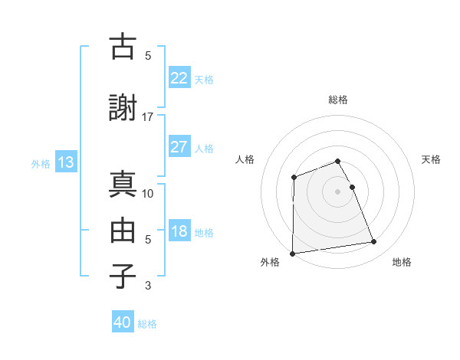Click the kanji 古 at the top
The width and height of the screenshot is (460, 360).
[x=123, y=47]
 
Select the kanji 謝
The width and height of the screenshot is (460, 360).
[x=123, y=109]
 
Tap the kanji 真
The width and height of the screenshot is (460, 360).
[x=123, y=184]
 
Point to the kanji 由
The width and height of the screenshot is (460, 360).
[x=123, y=230]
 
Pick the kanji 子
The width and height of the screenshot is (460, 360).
[x=123, y=276]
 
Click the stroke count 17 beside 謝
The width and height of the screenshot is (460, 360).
[x=148, y=116]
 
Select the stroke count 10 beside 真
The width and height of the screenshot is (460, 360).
[x=148, y=193]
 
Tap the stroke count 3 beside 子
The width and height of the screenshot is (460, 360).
[x=148, y=286]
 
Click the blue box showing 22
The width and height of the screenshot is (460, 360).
[x=179, y=78]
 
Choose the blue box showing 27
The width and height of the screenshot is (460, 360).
[x=179, y=148]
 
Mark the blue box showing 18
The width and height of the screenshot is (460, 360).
[x=179, y=232]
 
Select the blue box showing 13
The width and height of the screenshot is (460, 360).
[x=65, y=162]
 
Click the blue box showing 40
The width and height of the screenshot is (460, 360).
[x=123, y=322]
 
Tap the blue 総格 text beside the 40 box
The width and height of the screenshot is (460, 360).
[x=147, y=324]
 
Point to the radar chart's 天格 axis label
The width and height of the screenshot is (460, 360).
[x=431, y=159]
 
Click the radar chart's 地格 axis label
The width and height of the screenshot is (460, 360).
[x=402, y=262]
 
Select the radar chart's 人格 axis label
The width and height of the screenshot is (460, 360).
[x=245, y=159]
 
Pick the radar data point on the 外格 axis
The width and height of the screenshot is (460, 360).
[x=292, y=254]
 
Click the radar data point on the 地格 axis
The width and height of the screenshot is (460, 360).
[x=374, y=242]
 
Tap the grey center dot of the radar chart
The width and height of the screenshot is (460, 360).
[x=338, y=191]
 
